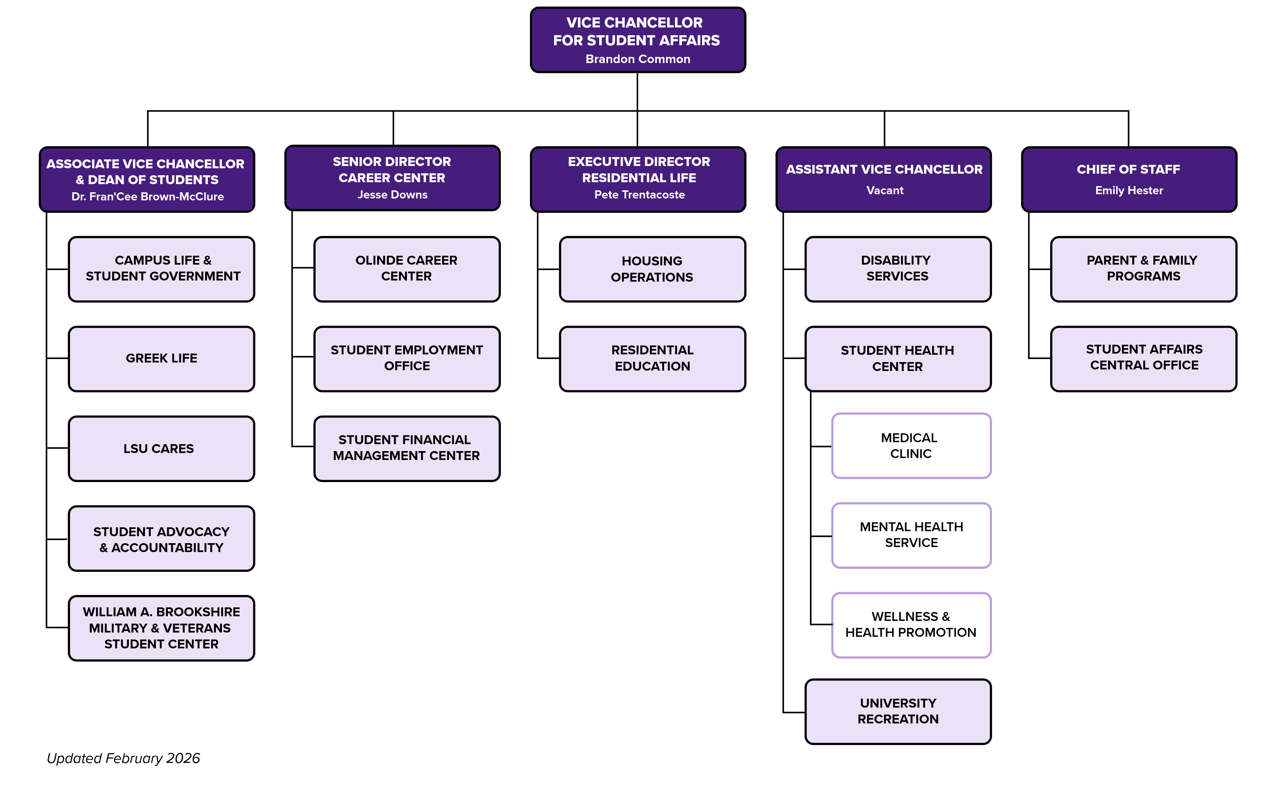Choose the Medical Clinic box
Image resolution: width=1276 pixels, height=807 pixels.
pyautogui.click(x=910, y=446)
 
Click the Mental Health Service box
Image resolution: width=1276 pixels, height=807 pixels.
pyautogui.click(x=910, y=535)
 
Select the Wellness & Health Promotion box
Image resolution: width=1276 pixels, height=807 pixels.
pyautogui.click(x=910, y=625)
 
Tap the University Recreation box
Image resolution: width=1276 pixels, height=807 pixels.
pyautogui.click(x=898, y=711)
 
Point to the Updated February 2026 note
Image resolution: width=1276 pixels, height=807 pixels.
pyautogui.click(x=123, y=758)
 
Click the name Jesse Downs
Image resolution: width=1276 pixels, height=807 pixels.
pyautogui.click(x=392, y=195)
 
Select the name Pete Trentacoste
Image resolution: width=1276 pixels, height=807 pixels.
pyautogui.click(x=639, y=195)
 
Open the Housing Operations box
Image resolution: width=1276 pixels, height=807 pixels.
pyautogui.click(x=652, y=269)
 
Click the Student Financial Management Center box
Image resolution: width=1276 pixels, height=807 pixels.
pyautogui.click(x=407, y=448)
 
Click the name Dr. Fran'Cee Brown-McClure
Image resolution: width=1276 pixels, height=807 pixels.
pyautogui.click(x=147, y=197)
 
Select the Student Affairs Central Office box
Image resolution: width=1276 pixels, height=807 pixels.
pyautogui.click(x=1143, y=358)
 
